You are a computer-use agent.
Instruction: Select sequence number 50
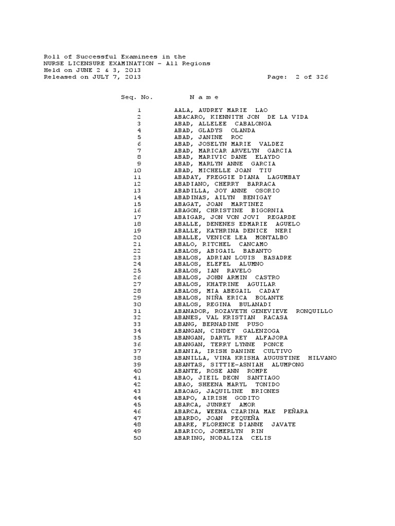(x=137, y=438)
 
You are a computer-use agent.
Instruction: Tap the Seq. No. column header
(x=136, y=97)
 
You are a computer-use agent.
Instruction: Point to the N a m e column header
(x=204, y=97)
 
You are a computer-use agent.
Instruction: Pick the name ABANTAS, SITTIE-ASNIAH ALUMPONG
(x=239, y=365)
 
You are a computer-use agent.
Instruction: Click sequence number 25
(x=137, y=271)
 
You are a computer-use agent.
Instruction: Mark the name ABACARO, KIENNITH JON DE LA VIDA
(x=241, y=117)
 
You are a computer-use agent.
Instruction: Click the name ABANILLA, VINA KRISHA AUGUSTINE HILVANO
(x=255, y=358)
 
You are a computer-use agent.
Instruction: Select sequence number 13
(x=137, y=191)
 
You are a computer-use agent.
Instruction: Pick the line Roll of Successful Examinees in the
(x=115, y=57)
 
